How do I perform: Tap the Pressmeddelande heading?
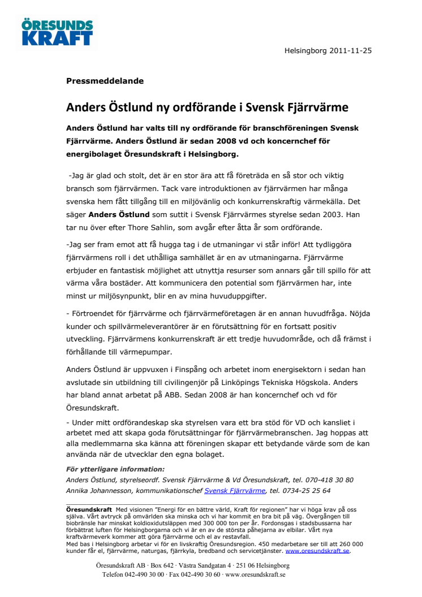pyautogui.click(x=105, y=81)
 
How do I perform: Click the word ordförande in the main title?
pyautogui.click(x=202, y=107)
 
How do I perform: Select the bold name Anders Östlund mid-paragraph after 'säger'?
pyautogui.click(x=118, y=214)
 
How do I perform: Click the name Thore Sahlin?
pyautogui.click(x=172, y=228)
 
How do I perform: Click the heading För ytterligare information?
pyautogui.click(x=115, y=469)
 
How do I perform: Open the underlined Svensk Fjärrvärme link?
pyautogui.click(x=235, y=491)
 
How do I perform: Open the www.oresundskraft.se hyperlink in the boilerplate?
pyautogui.click(x=317, y=551)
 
